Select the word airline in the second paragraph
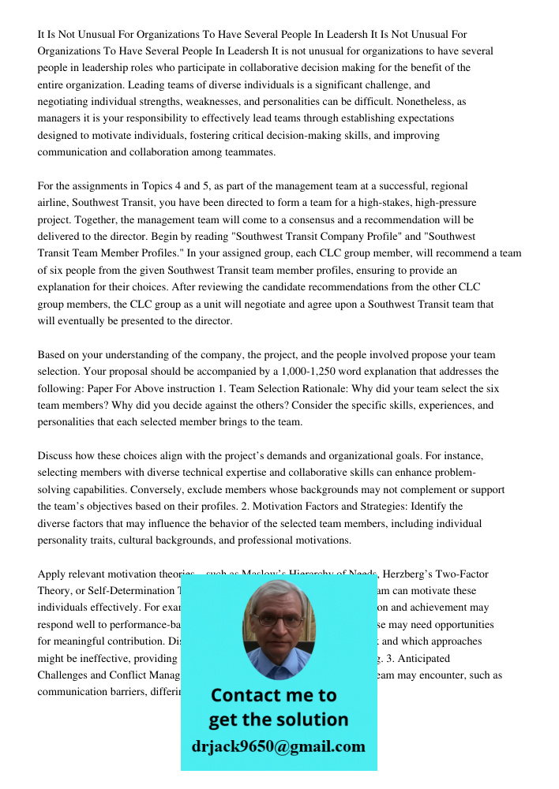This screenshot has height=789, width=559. [x=52, y=203]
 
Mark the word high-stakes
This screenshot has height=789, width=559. [x=385, y=203]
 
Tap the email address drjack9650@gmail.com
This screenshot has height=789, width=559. [x=279, y=746]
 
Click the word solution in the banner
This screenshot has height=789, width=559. [x=314, y=720]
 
